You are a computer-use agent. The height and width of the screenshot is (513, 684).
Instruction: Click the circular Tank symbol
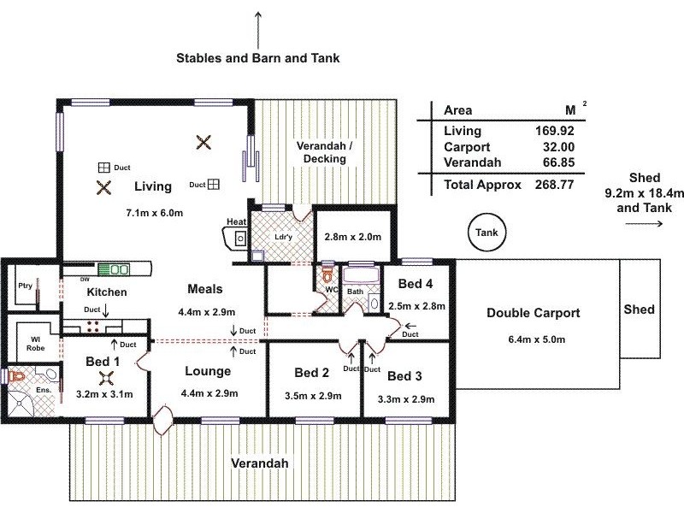click(x=487, y=232)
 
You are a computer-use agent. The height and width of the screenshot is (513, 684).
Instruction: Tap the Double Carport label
click(x=533, y=313)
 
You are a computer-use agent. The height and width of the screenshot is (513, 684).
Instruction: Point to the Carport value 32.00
click(x=556, y=146)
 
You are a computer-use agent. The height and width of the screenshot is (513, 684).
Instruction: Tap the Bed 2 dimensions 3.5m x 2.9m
click(x=313, y=396)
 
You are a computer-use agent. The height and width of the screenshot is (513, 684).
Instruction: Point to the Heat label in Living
click(x=236, y=222)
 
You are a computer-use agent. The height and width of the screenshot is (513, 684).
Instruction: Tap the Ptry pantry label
click(x=26, y=286)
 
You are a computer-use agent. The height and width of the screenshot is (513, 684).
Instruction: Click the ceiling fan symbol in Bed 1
click(x=106, y=379)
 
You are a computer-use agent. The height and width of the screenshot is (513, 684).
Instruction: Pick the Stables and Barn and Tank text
click(x=258, y=59)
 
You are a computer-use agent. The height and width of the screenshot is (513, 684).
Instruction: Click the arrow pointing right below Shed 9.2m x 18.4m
click(x=644, y=224)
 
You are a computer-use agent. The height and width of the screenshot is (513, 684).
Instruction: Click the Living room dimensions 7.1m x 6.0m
click(x=152, y=210)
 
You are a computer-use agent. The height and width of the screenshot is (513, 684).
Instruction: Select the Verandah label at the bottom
click(x=260, y=463)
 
